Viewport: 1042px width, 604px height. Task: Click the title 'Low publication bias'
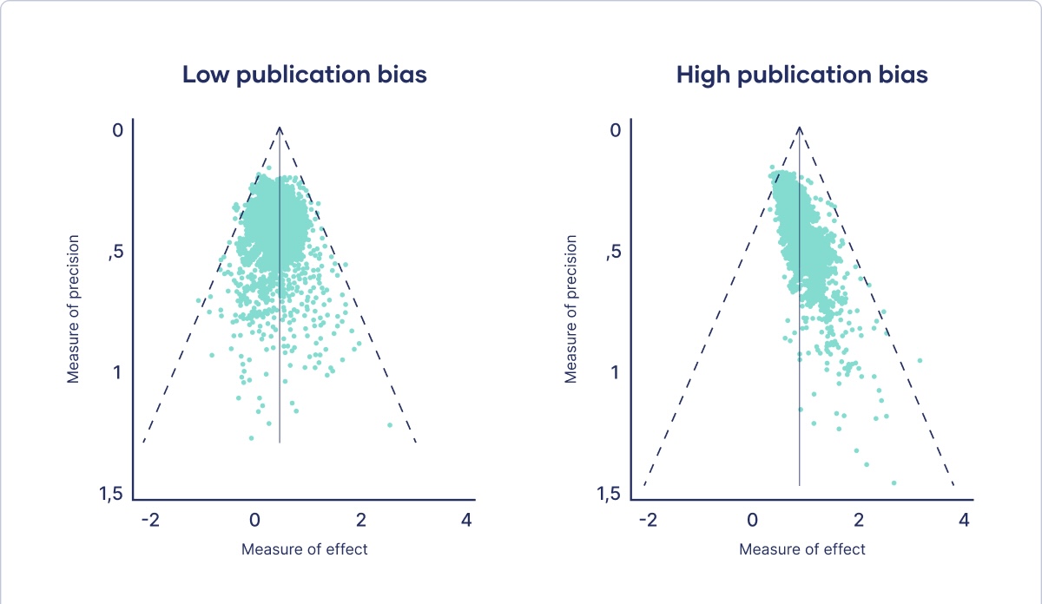(x=304, y=75)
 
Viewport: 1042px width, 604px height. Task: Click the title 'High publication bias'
(x=801, y=75)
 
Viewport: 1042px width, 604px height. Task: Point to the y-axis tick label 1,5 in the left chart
(x=113, y=495)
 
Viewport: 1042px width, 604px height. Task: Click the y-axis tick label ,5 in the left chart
(x=115, y=253)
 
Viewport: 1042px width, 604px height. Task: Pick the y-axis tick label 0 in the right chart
(x=616, y=130)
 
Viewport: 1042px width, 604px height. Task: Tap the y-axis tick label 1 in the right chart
(x=615, y=372)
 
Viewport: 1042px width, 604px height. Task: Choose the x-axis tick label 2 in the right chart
(x=859, y=521)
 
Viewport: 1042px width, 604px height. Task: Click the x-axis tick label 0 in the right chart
(x=753, y=521)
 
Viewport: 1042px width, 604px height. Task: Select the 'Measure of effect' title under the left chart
(x=305, y=549)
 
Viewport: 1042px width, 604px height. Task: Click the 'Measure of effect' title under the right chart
(x=802, y=549)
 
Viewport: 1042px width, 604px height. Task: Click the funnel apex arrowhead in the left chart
(x=280, y=130)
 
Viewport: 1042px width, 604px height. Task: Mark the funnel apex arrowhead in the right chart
(x=800, y=130)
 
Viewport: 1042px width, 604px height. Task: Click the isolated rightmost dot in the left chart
(x=390, y=425)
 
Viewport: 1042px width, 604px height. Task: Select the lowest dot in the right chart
(x=894, y=483)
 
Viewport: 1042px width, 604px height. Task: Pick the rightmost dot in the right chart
(x=919, y=360)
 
